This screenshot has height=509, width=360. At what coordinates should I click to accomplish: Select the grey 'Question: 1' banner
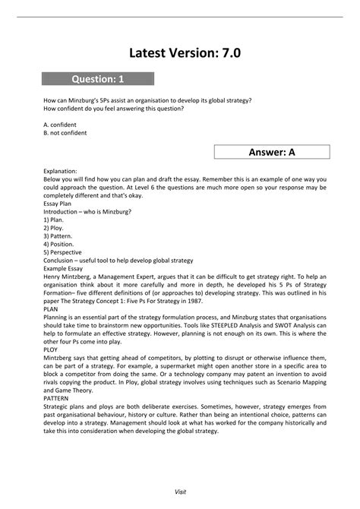pyautogui.click(x=98, y=78)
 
